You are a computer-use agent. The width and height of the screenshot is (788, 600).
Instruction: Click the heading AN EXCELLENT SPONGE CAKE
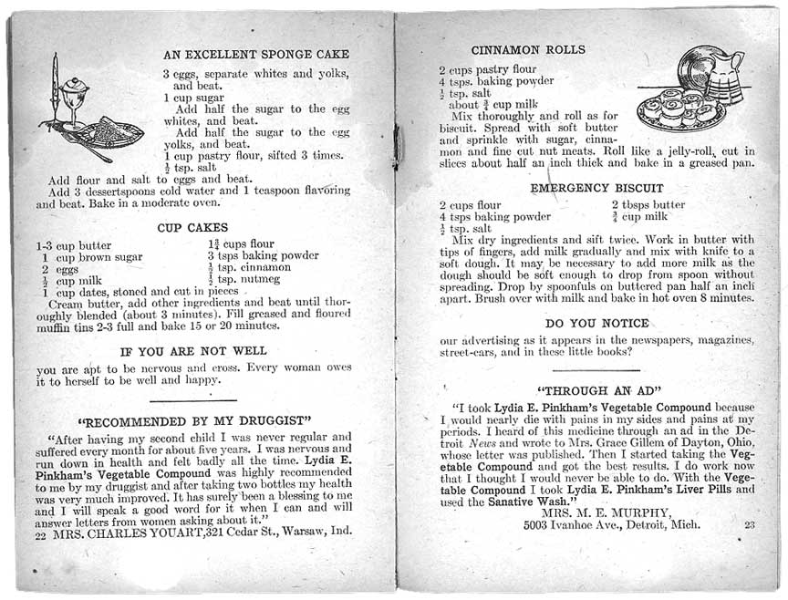pos(255,54)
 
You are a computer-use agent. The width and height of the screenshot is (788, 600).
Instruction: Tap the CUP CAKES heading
pos(193,226)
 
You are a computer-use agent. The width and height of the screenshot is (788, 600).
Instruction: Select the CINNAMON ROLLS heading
pos(529,49)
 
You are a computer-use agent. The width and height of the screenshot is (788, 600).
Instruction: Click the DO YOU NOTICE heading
pos(596,323)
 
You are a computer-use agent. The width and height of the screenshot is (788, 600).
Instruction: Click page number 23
pos(750,524)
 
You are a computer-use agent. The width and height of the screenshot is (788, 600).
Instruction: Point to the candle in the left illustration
pos(55,87)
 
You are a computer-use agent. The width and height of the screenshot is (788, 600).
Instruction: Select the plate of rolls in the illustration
pos(680,109)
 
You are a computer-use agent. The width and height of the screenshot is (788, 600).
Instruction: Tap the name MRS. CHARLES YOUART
pos(129,536)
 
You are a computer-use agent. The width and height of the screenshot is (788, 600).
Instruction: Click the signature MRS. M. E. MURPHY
pos(605,512)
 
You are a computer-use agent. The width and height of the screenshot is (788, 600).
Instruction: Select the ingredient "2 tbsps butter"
pos(648,204)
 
